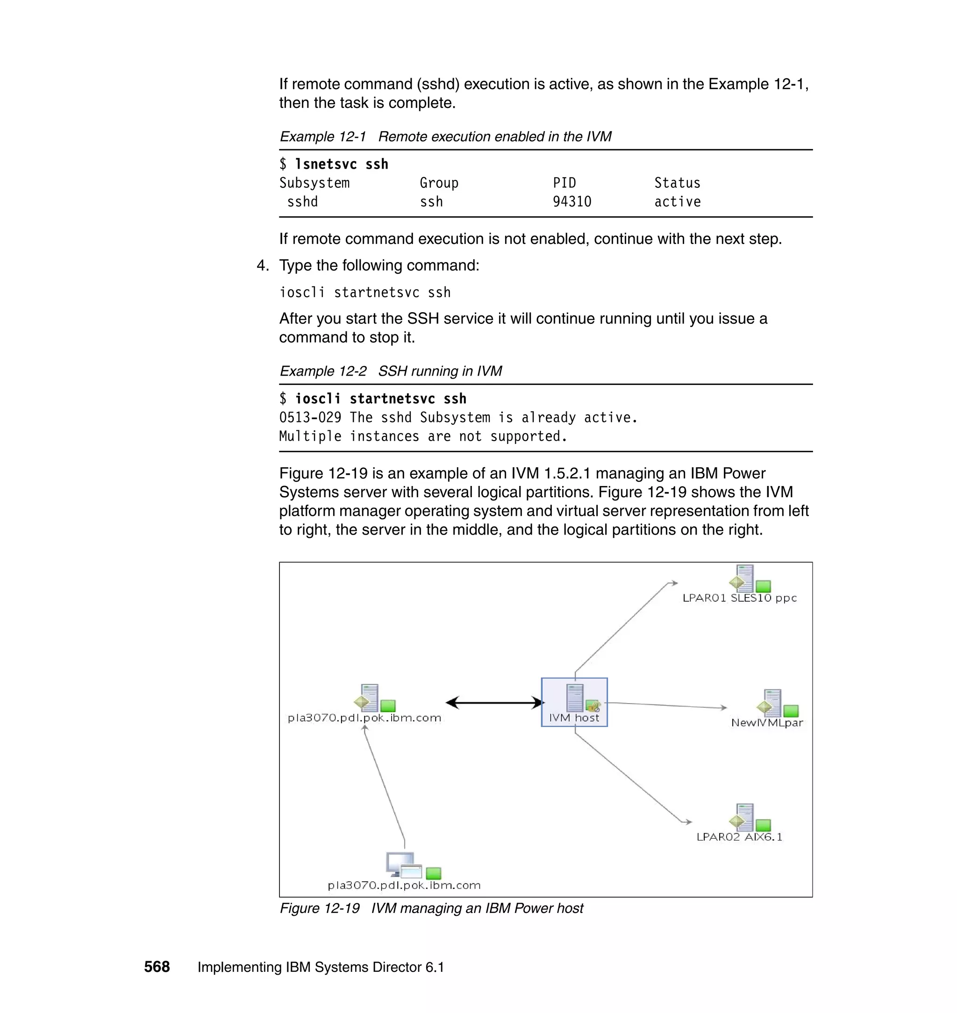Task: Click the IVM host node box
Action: click(574, 702)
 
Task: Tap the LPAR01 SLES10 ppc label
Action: click(739, 598)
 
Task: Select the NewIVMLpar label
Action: click(767, 722)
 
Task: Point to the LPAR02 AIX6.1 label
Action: click(739, 836)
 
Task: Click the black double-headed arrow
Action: click(494, 702)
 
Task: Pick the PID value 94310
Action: click(572, 202)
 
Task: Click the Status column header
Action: click(677, 183)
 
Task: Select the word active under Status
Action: click(677, 202)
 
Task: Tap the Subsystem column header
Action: click(314, 183)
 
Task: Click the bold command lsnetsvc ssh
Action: click(341, 164)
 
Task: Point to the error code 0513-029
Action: click(310, 418)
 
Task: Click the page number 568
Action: click(157, 967)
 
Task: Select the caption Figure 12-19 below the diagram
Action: click(319, 908)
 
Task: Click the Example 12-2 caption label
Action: click(323, 371)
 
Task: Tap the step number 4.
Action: click(262, 265)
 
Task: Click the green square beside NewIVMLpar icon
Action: click(791, 711)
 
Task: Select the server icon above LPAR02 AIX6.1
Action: click(744, 817)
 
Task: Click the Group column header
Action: click(439, 183)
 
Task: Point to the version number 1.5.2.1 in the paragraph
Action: click(567, 473)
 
